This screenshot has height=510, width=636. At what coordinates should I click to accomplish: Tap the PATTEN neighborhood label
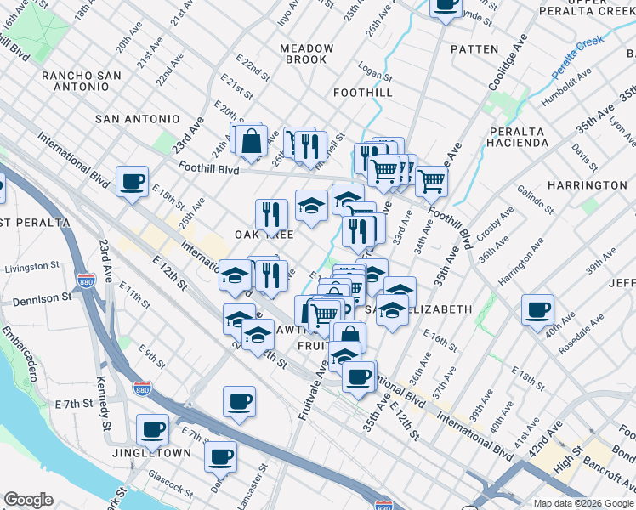pyautogui.click(x=474, y=49)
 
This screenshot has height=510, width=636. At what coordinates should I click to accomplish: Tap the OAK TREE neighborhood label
pyautogui.click(x=264, y=234)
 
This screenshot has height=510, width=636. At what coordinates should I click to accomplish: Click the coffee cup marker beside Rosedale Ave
pyautogui.click(x=537, y=309)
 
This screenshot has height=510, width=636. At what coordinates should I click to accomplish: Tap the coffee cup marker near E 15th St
pyautogui.click(x=133, y=181)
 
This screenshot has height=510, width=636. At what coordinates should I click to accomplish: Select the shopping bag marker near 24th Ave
pyautogui.click(x=252, y=141)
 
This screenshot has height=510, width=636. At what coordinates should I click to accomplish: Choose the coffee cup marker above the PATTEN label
pyautogui.click(x=446, y=5)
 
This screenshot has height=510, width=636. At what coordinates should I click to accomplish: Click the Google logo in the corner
pyautogui.click(x=28, y=500)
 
